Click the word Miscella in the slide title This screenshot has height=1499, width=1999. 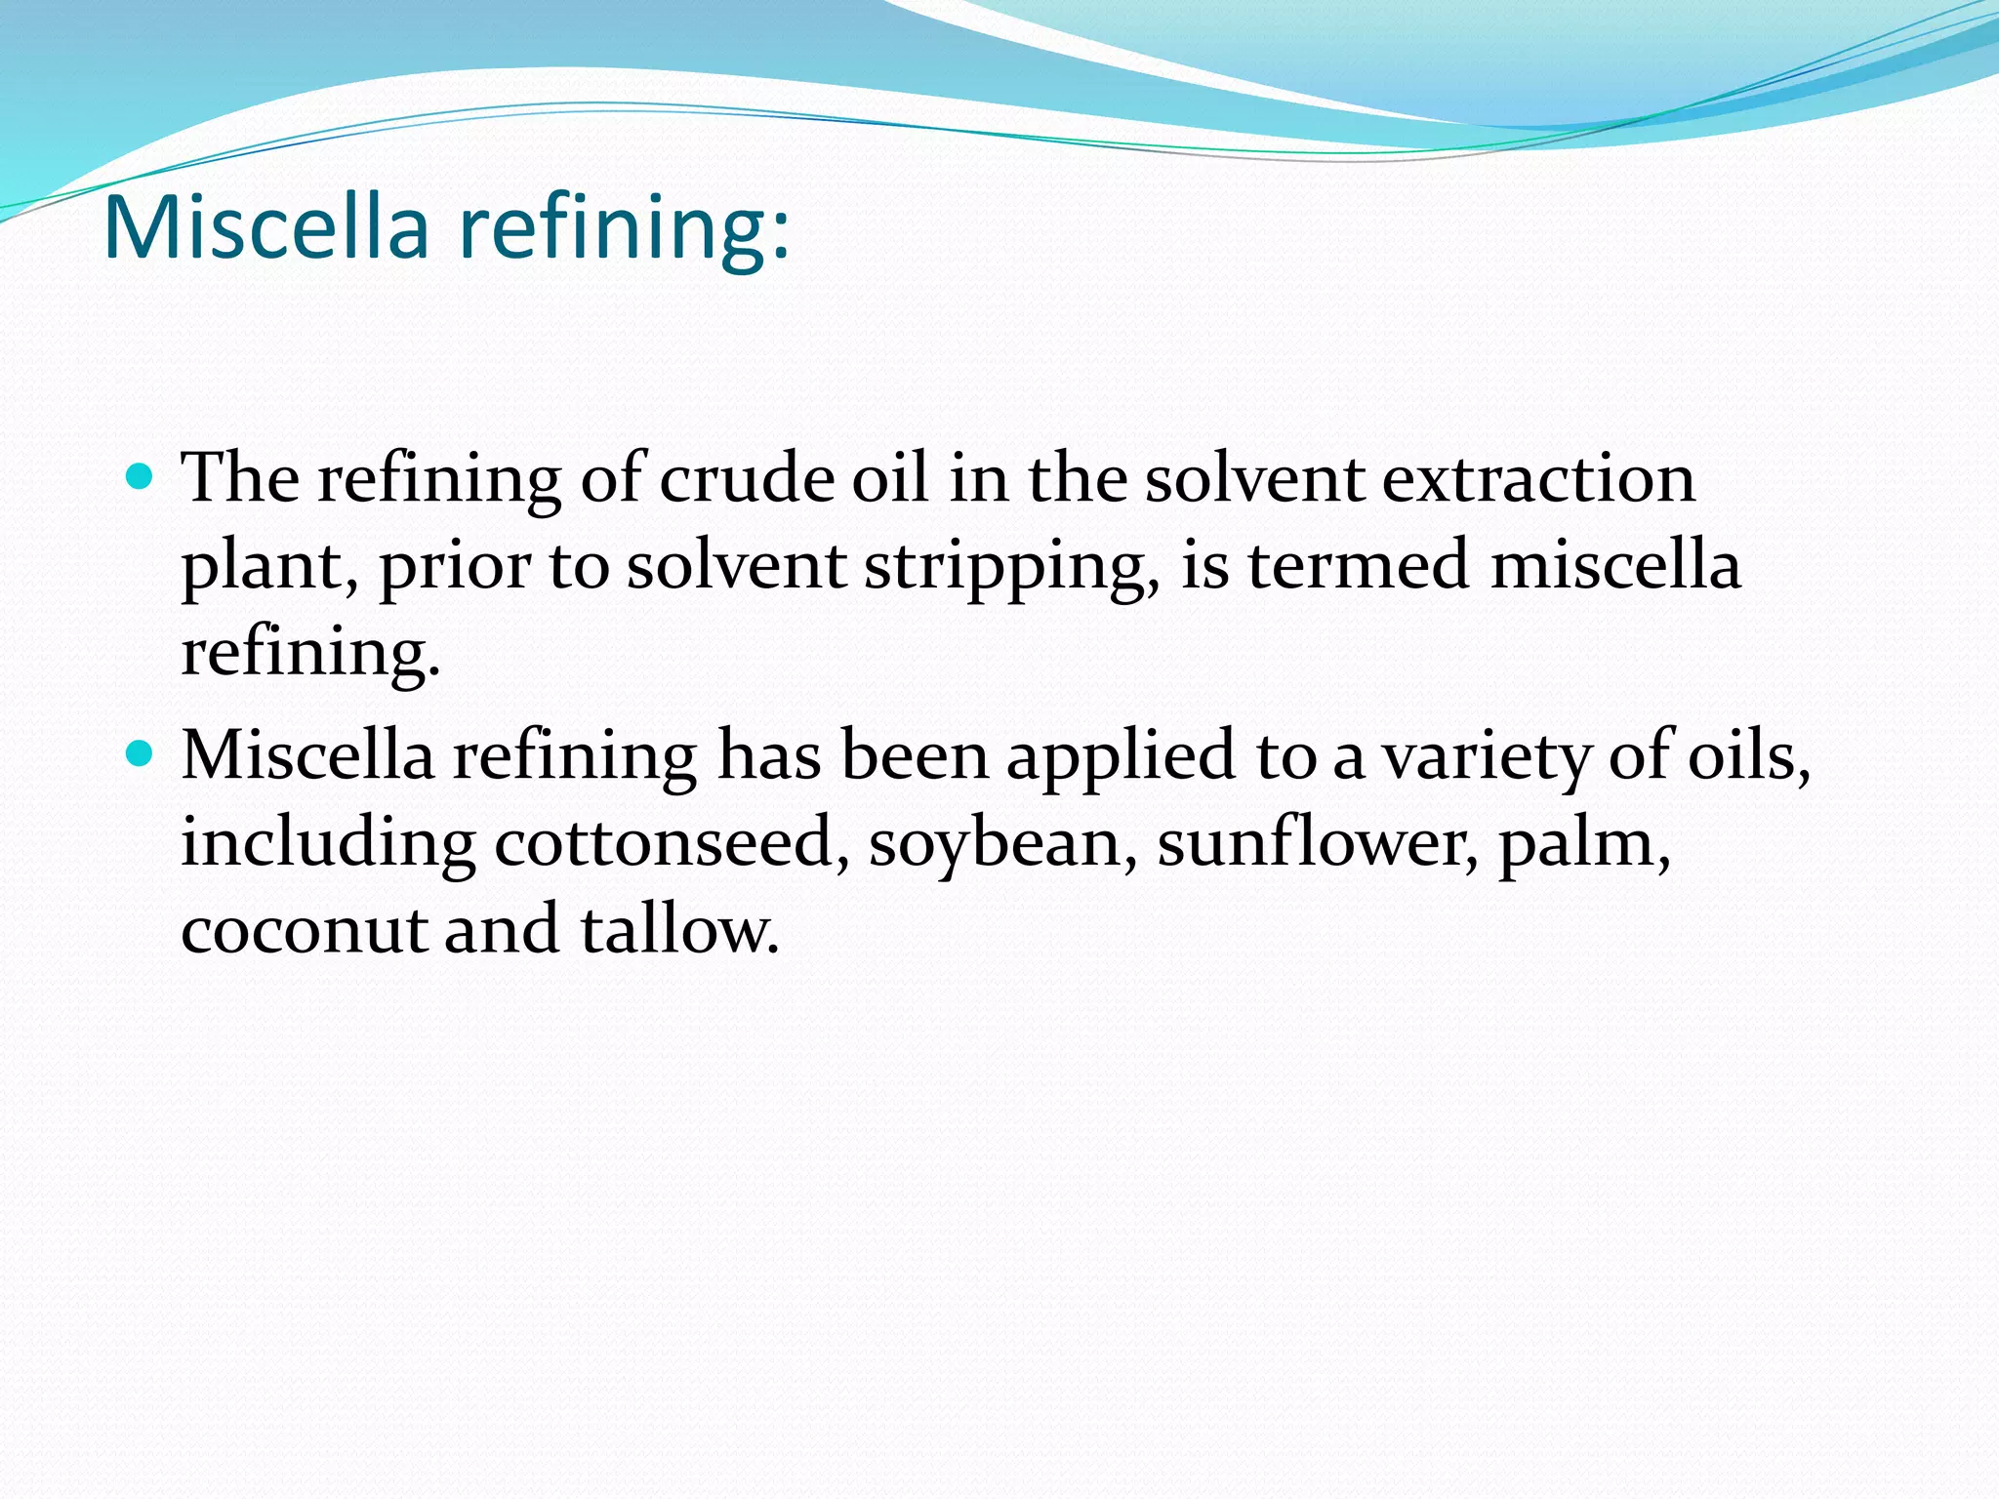[265, 228]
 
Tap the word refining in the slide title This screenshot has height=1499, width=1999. [625, 228]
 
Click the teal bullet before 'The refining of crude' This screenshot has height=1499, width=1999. [141, 477]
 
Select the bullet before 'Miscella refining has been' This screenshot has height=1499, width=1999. [141, 753]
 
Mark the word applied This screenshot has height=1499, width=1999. [1121, 757]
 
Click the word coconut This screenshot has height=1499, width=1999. [303, 930]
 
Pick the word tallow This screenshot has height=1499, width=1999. [679, 930]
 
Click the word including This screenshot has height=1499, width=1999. [328, 844]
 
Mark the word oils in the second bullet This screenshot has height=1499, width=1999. [1747, 757]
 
